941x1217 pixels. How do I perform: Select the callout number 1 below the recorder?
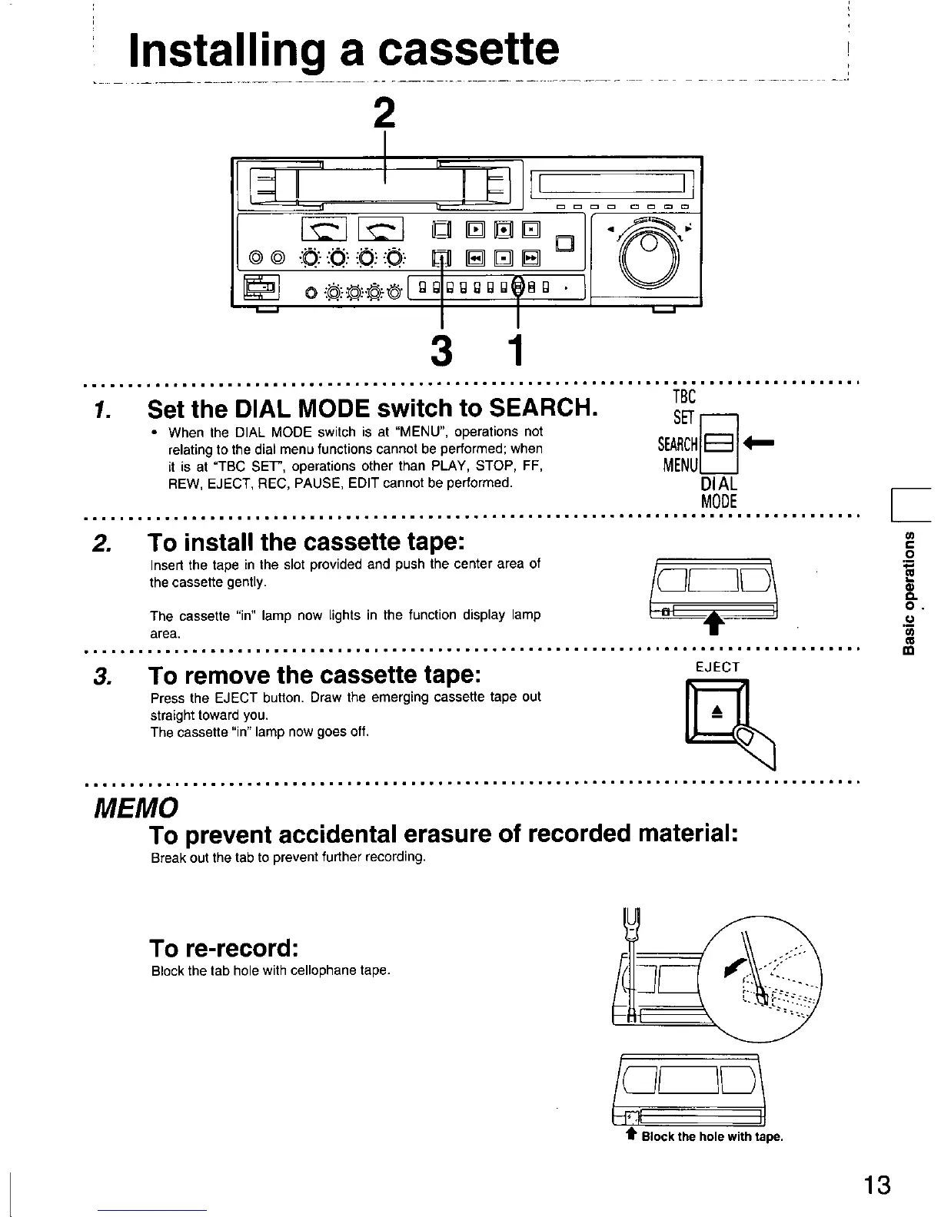517,350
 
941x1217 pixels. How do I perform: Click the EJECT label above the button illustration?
717,667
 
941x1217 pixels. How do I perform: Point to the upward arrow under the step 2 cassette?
713,622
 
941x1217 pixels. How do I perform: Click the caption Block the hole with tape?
711,1137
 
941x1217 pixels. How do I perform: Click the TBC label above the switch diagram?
683,396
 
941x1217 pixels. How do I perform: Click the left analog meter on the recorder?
324,228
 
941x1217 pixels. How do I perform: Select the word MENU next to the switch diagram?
680,466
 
